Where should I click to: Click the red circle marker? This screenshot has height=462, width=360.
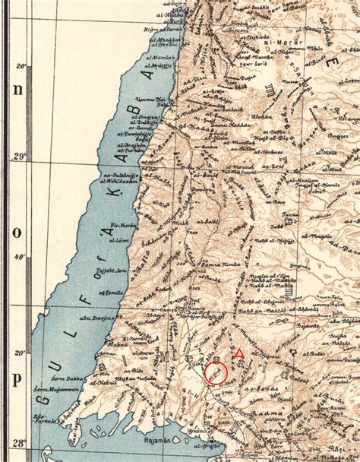pos(216,372)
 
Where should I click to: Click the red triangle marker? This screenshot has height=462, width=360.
pos(239,353)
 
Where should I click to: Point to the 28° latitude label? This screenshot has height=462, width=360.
pos(24,442)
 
